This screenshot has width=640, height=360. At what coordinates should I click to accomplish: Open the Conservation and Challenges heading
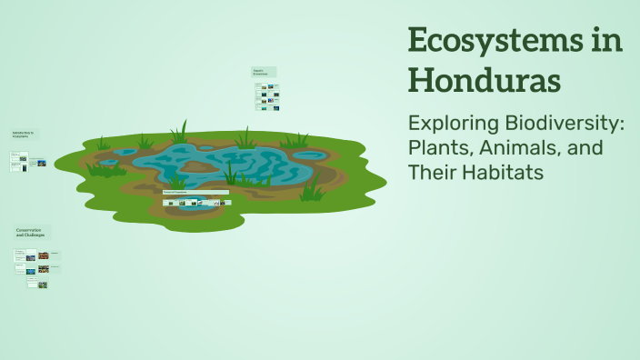click(33, 232)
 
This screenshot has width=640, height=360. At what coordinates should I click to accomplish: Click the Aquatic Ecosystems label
click(264, 72)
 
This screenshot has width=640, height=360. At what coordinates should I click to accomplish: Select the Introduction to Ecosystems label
click(24, 135)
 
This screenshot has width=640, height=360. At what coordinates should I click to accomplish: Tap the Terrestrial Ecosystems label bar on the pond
click(195, 192)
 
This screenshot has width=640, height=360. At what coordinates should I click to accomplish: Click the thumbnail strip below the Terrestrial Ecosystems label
click(196, 203)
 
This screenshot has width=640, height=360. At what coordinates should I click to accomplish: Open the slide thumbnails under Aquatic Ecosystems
click(267, 96)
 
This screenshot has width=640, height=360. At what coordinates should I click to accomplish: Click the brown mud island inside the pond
click(202, 165)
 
